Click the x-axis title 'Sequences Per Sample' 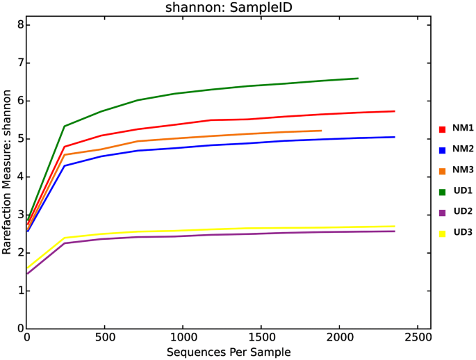[228, 352]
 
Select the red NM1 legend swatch [441, 129]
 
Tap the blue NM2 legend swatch [441, 149]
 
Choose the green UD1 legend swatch [441, 190]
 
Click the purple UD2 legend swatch [441, 211]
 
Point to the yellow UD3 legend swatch [441, 232]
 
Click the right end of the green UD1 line [357, 79]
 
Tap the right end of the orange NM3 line [321, 131]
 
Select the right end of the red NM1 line [394, 111]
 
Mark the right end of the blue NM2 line [394, 137]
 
